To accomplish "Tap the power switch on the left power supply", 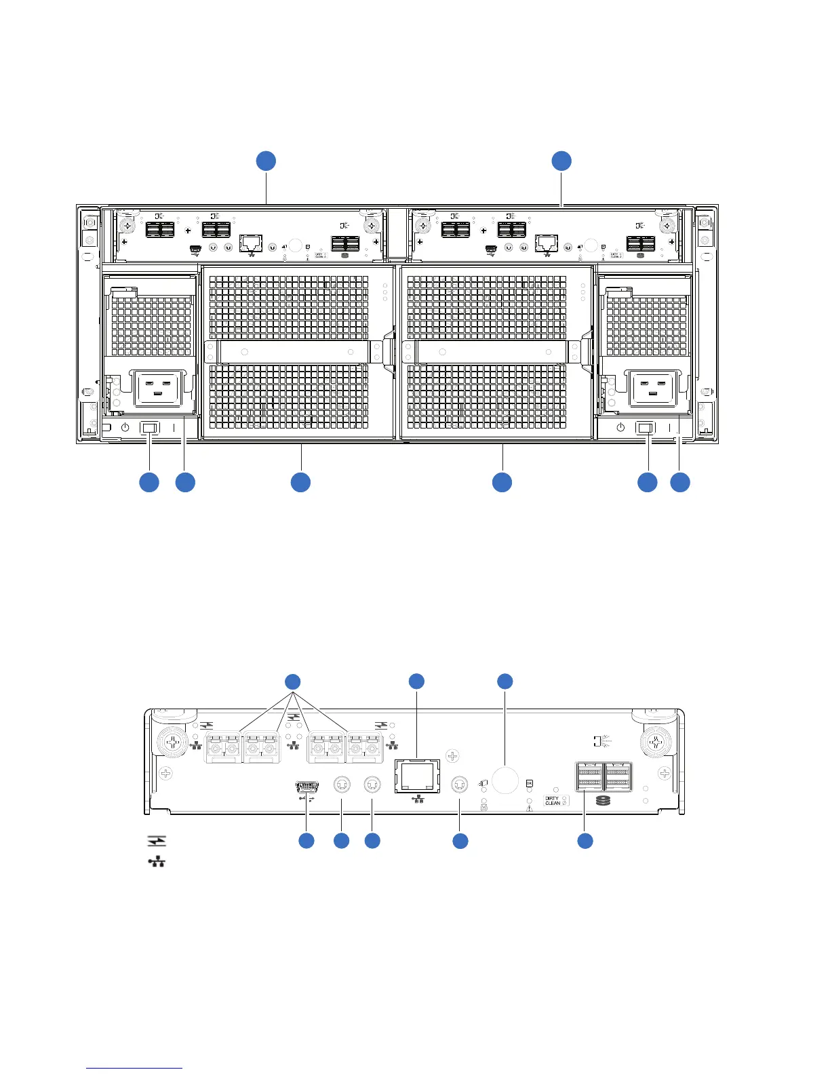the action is tap(150, 429).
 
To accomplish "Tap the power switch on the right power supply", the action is tap(646, 429).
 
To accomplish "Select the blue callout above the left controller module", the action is tap(266, 161).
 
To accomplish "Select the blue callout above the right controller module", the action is tap(561, 161).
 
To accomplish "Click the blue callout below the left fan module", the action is tap(300, 482).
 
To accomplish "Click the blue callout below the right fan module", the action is tap(502, 482).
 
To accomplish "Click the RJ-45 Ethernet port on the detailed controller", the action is tap(416, 775).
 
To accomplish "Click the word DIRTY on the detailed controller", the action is tap(552, 798).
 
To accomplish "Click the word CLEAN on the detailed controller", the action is tap(553, 803).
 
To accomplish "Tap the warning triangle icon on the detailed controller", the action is tap(530, 806).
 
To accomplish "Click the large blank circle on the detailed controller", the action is tap(505, 780).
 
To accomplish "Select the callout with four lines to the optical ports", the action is tap(292, 681).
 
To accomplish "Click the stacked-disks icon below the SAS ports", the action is tap(603, 801).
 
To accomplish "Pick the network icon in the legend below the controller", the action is tap(157, 862).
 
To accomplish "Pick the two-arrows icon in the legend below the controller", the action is tap(157, 841).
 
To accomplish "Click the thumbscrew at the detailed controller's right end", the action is tap(655, 742).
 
